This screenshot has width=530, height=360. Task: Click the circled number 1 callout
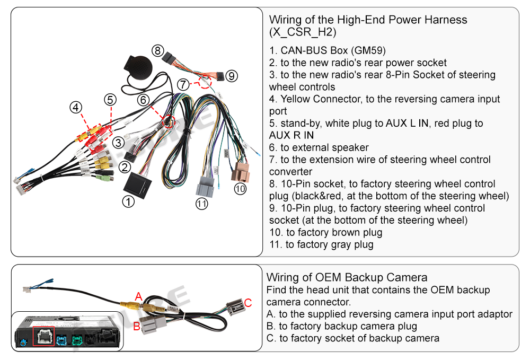click(x=128, y=202)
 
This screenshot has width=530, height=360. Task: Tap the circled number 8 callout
click(x=157, y=51)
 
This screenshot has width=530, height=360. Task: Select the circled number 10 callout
click(x=240, y=188)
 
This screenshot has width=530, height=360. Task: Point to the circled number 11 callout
click(x=201, y=204)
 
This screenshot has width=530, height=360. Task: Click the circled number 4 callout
click(x=76, y=108)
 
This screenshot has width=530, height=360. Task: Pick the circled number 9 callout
click(x=231, y=76)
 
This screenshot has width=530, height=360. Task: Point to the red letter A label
click(x=139, y=296)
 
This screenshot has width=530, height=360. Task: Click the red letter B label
click(x=136, y=327)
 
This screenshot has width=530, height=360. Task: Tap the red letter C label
click(x=248, y=303)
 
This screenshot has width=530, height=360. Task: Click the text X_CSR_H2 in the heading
click(x=303, y=32)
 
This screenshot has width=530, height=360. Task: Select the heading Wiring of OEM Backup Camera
click(x=347, y=277)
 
